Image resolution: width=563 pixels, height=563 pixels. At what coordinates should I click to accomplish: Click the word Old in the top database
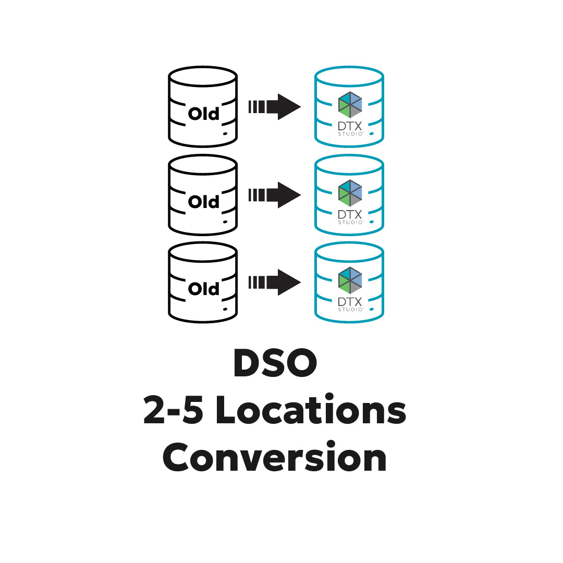[x=203, y=114]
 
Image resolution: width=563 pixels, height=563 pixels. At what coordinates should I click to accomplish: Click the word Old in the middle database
[x=203, y=201]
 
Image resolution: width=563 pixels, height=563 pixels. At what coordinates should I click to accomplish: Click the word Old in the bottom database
[x=203, y=288]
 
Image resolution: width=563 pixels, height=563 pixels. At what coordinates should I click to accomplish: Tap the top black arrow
[x=275, y=107]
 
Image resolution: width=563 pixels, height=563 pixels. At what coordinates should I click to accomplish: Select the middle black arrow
[x=275, y=195]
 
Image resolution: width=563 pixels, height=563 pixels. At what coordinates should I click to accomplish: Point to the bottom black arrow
[x=275, y=282]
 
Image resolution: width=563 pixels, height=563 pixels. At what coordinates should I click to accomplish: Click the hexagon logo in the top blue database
[x=350, y=104]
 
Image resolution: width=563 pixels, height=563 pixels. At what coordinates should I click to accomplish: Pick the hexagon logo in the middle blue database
[x=350, y=192]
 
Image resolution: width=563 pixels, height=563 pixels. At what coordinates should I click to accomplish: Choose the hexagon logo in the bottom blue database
[x=350, y=279]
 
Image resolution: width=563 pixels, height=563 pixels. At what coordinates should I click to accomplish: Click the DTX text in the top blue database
[x=350, y=127]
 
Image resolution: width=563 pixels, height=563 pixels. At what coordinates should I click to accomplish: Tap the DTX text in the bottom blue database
[x=350, y=302]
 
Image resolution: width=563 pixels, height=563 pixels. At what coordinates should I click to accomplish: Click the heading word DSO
[x=275, y=364]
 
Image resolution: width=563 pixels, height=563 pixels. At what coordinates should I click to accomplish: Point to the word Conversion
[x=275, y=458]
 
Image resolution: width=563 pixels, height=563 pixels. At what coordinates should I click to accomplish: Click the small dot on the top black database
[x=225, y=134]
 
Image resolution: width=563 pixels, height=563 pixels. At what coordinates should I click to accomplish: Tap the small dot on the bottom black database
[x=225, y=309]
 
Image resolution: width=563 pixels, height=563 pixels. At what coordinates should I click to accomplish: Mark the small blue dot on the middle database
[x=372, y=222]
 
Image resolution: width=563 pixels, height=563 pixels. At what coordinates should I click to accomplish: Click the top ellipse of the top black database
[x=203, y=76]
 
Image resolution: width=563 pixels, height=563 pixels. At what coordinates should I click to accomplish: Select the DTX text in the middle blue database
[x=350, y=215]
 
